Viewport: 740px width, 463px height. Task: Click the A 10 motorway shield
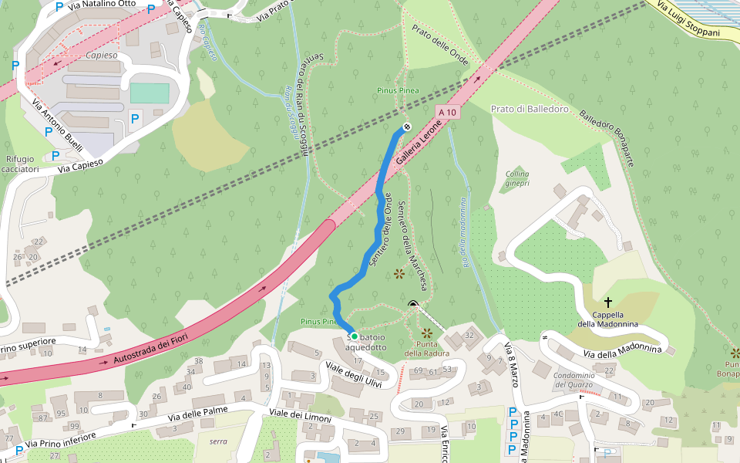pos(447,113)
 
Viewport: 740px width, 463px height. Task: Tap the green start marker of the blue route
pos(354,336)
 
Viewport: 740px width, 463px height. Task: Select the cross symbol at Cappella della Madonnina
pos(608,302)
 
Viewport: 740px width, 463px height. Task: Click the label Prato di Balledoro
pos(530,109)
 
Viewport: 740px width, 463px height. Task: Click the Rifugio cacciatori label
pos(20,164)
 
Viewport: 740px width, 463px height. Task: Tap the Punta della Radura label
pos(427,350)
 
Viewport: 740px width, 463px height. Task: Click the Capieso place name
pos(102,56)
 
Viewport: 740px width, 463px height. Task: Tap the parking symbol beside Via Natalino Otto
pos(59,7)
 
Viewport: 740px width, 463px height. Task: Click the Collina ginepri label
pos(517,178)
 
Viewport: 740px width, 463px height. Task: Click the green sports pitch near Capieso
pos(149,93)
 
